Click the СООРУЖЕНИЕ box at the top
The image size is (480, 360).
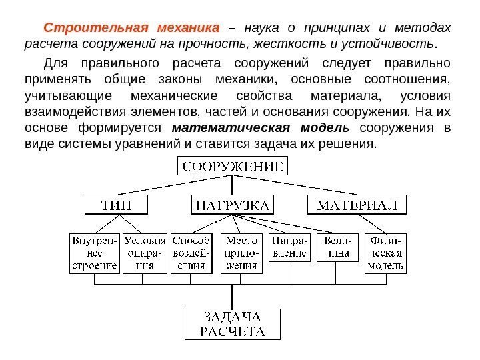coord(233,165)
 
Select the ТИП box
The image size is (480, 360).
coord(116,204)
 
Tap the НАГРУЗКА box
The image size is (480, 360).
coord(232,204)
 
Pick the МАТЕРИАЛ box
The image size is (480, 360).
coord(357,204)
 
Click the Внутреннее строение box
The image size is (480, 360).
coord(94,253)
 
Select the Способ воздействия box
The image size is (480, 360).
coord(191,253)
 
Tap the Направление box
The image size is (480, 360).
coord(289,247)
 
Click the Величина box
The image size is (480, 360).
coord(335,247)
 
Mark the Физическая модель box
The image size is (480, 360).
coord(385,253)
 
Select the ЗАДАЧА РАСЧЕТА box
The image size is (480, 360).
coord(233,323)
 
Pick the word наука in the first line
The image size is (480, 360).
coord(261,29)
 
